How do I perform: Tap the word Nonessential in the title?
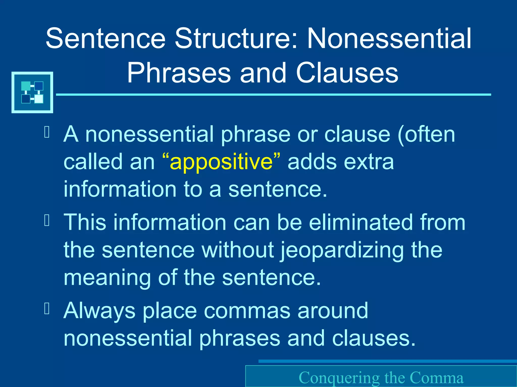click(389, 38)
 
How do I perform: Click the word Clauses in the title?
click(347, 73)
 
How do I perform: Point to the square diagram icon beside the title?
click(32, 92)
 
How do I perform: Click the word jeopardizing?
click(342, 251)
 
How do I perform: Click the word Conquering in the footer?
click(339, 378)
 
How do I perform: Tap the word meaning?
click(107, 278)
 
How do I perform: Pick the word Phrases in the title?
click(179, 73)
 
